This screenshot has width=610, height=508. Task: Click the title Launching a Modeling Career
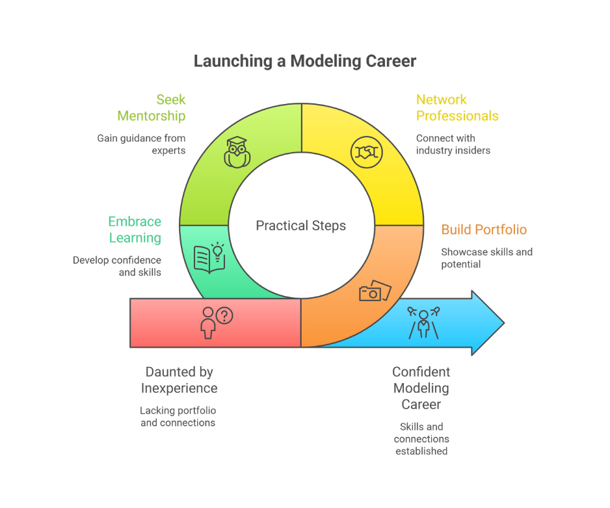tap(305, 61)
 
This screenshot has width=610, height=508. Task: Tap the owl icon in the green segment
tap(237, 152)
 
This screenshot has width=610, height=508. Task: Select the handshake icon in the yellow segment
tap(367, 152)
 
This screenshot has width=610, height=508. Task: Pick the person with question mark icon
tap(217, 323)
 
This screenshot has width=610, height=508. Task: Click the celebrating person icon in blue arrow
tap(423, 323)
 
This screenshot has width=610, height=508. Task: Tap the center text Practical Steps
tap(300, 226)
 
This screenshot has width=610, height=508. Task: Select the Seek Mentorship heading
tap(152, 108)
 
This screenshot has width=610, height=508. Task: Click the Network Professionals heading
tap(457, 108)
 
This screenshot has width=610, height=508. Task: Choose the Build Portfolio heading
tap(484, 230)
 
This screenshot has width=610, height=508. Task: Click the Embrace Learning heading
tap(135, 230)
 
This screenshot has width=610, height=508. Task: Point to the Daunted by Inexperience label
tap(179, 380)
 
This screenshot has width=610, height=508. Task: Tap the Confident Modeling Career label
tap(421, 388)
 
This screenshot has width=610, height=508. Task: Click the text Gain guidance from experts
tap(141, 144)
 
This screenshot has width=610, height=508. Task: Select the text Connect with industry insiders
tap(453, 144)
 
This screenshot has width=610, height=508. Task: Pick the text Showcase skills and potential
tap(486, 258)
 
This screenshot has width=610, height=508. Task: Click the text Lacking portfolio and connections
tap(178, 416)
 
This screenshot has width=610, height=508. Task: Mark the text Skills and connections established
tap(421, 439)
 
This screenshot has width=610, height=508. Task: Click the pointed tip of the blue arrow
tap(504, 323)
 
